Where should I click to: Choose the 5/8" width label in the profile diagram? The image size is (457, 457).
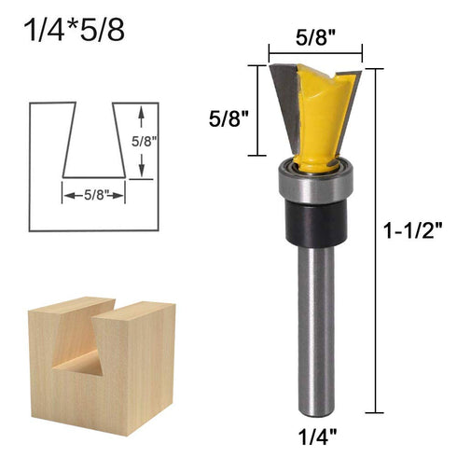[93, 195]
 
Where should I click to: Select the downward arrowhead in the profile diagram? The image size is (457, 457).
[141, 172]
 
